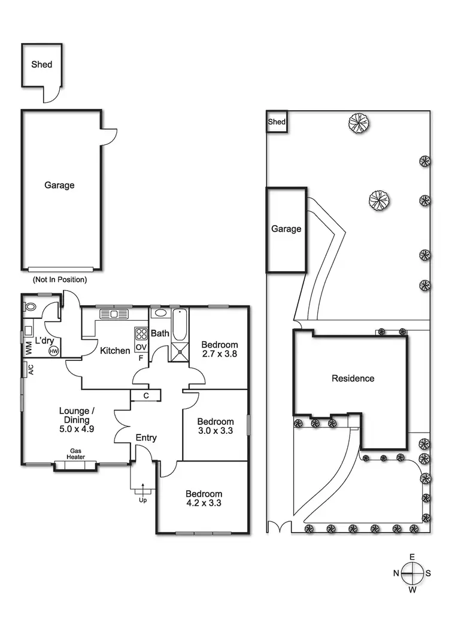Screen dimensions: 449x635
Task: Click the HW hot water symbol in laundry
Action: pyautogui.click(x=54, y=351)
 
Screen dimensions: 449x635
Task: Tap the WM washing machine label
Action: pyautogui.click(x=28, y=347)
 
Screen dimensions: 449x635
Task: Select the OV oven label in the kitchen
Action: pyautogui.click(x=141, y=347)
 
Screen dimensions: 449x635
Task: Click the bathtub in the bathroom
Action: pyautogui.click(x=180, y=326)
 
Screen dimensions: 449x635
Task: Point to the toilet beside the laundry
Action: pyautogui.click(x=30, y=308)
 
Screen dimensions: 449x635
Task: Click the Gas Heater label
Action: pyautogui.click(x=76, y=454)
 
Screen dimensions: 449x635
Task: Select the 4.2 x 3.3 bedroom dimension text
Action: pyautogui.click(x=204, y=503)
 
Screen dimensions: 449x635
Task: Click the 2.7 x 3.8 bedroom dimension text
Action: pyautogui.click(x=220, y=354)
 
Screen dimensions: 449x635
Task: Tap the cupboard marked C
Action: pyautogui.click(x=146, y=396)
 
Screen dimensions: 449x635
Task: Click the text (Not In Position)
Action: pyautogui.click(x=59, y=279)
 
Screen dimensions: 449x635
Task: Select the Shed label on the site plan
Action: pyautogui.click(x=277, y=122)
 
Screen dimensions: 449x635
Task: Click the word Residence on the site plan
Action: pyautogui.click(x=353, y=378)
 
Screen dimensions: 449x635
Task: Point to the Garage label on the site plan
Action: pyautogui.click(x=286, y=229)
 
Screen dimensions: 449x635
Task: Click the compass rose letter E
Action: pyautogui.click(x=412, y=557)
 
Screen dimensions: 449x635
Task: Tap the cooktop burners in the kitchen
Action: pyautogui.click(x=141, y=334)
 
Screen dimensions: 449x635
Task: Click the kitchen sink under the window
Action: pyautogui.click(x=113, y=314)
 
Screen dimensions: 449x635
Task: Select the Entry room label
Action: pyautogui.click(x=146, y=437)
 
